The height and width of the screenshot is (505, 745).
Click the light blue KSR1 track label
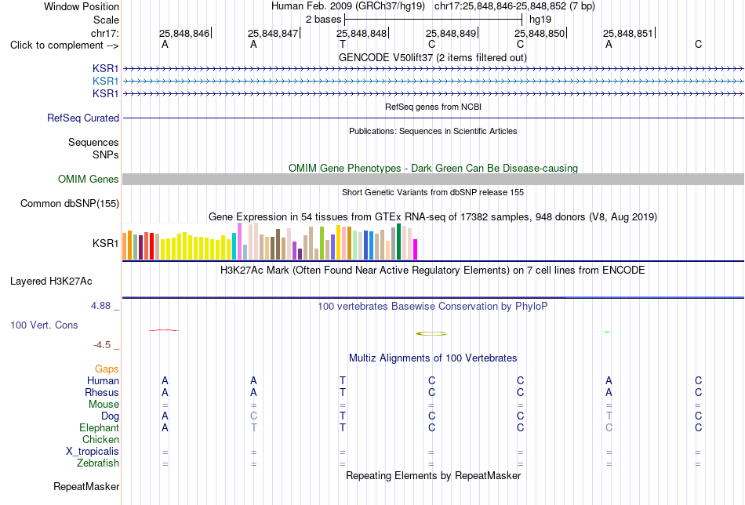(106, 82)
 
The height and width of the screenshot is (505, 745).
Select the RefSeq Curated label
(83, 118)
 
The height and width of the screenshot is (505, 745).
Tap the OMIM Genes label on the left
(89, 179)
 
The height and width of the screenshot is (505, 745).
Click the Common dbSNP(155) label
(70, 203)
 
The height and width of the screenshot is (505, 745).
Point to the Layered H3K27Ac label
(51, 282)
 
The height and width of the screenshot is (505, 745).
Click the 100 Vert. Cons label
(44, 325)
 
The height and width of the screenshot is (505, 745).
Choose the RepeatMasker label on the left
(86, 486)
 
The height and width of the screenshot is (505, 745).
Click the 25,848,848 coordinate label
(362, 33)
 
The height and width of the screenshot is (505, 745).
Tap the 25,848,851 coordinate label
(628, 33)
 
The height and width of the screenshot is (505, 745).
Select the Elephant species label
(100, 427)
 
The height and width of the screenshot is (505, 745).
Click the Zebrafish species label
(98, 463)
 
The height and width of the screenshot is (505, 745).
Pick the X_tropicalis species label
(93, 452)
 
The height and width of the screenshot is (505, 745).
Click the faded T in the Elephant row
(254, 427)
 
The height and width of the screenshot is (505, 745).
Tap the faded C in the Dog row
(254, 416)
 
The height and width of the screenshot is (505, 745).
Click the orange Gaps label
(107, 369)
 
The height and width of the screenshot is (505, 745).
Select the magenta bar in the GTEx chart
(416, 249)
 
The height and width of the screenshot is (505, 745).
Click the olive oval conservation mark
(431, 333)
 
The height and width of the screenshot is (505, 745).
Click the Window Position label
(82, 6)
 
